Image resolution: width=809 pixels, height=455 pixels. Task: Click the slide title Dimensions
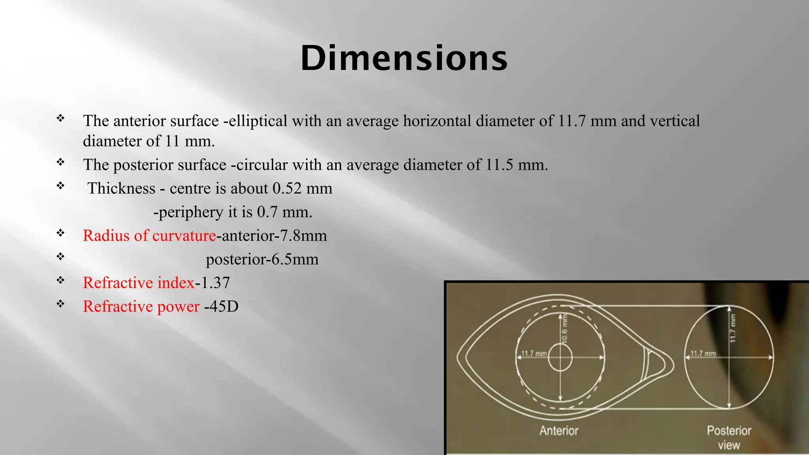pos(404,58)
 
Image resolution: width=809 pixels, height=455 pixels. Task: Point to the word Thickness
pos(121,188)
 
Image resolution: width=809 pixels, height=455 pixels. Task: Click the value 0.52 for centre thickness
pos(287,188)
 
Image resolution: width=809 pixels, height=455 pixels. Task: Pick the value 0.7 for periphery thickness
pos(267,212)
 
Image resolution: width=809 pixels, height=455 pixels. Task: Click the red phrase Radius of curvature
pos(149,236)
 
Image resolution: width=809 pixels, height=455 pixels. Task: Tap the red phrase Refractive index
pos(139,283)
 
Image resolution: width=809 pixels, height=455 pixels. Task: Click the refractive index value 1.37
pos(215,283)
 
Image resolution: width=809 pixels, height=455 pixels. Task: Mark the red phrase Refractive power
pos(141,306)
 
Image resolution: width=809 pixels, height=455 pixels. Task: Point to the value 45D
pos(224,306)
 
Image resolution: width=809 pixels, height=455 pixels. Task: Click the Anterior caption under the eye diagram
pos(559,431)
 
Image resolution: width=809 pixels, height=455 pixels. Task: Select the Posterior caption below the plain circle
pos(729,431)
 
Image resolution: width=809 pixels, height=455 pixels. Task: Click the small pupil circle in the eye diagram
pos(560,357)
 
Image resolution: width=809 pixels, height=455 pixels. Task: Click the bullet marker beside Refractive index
pos(60,280)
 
